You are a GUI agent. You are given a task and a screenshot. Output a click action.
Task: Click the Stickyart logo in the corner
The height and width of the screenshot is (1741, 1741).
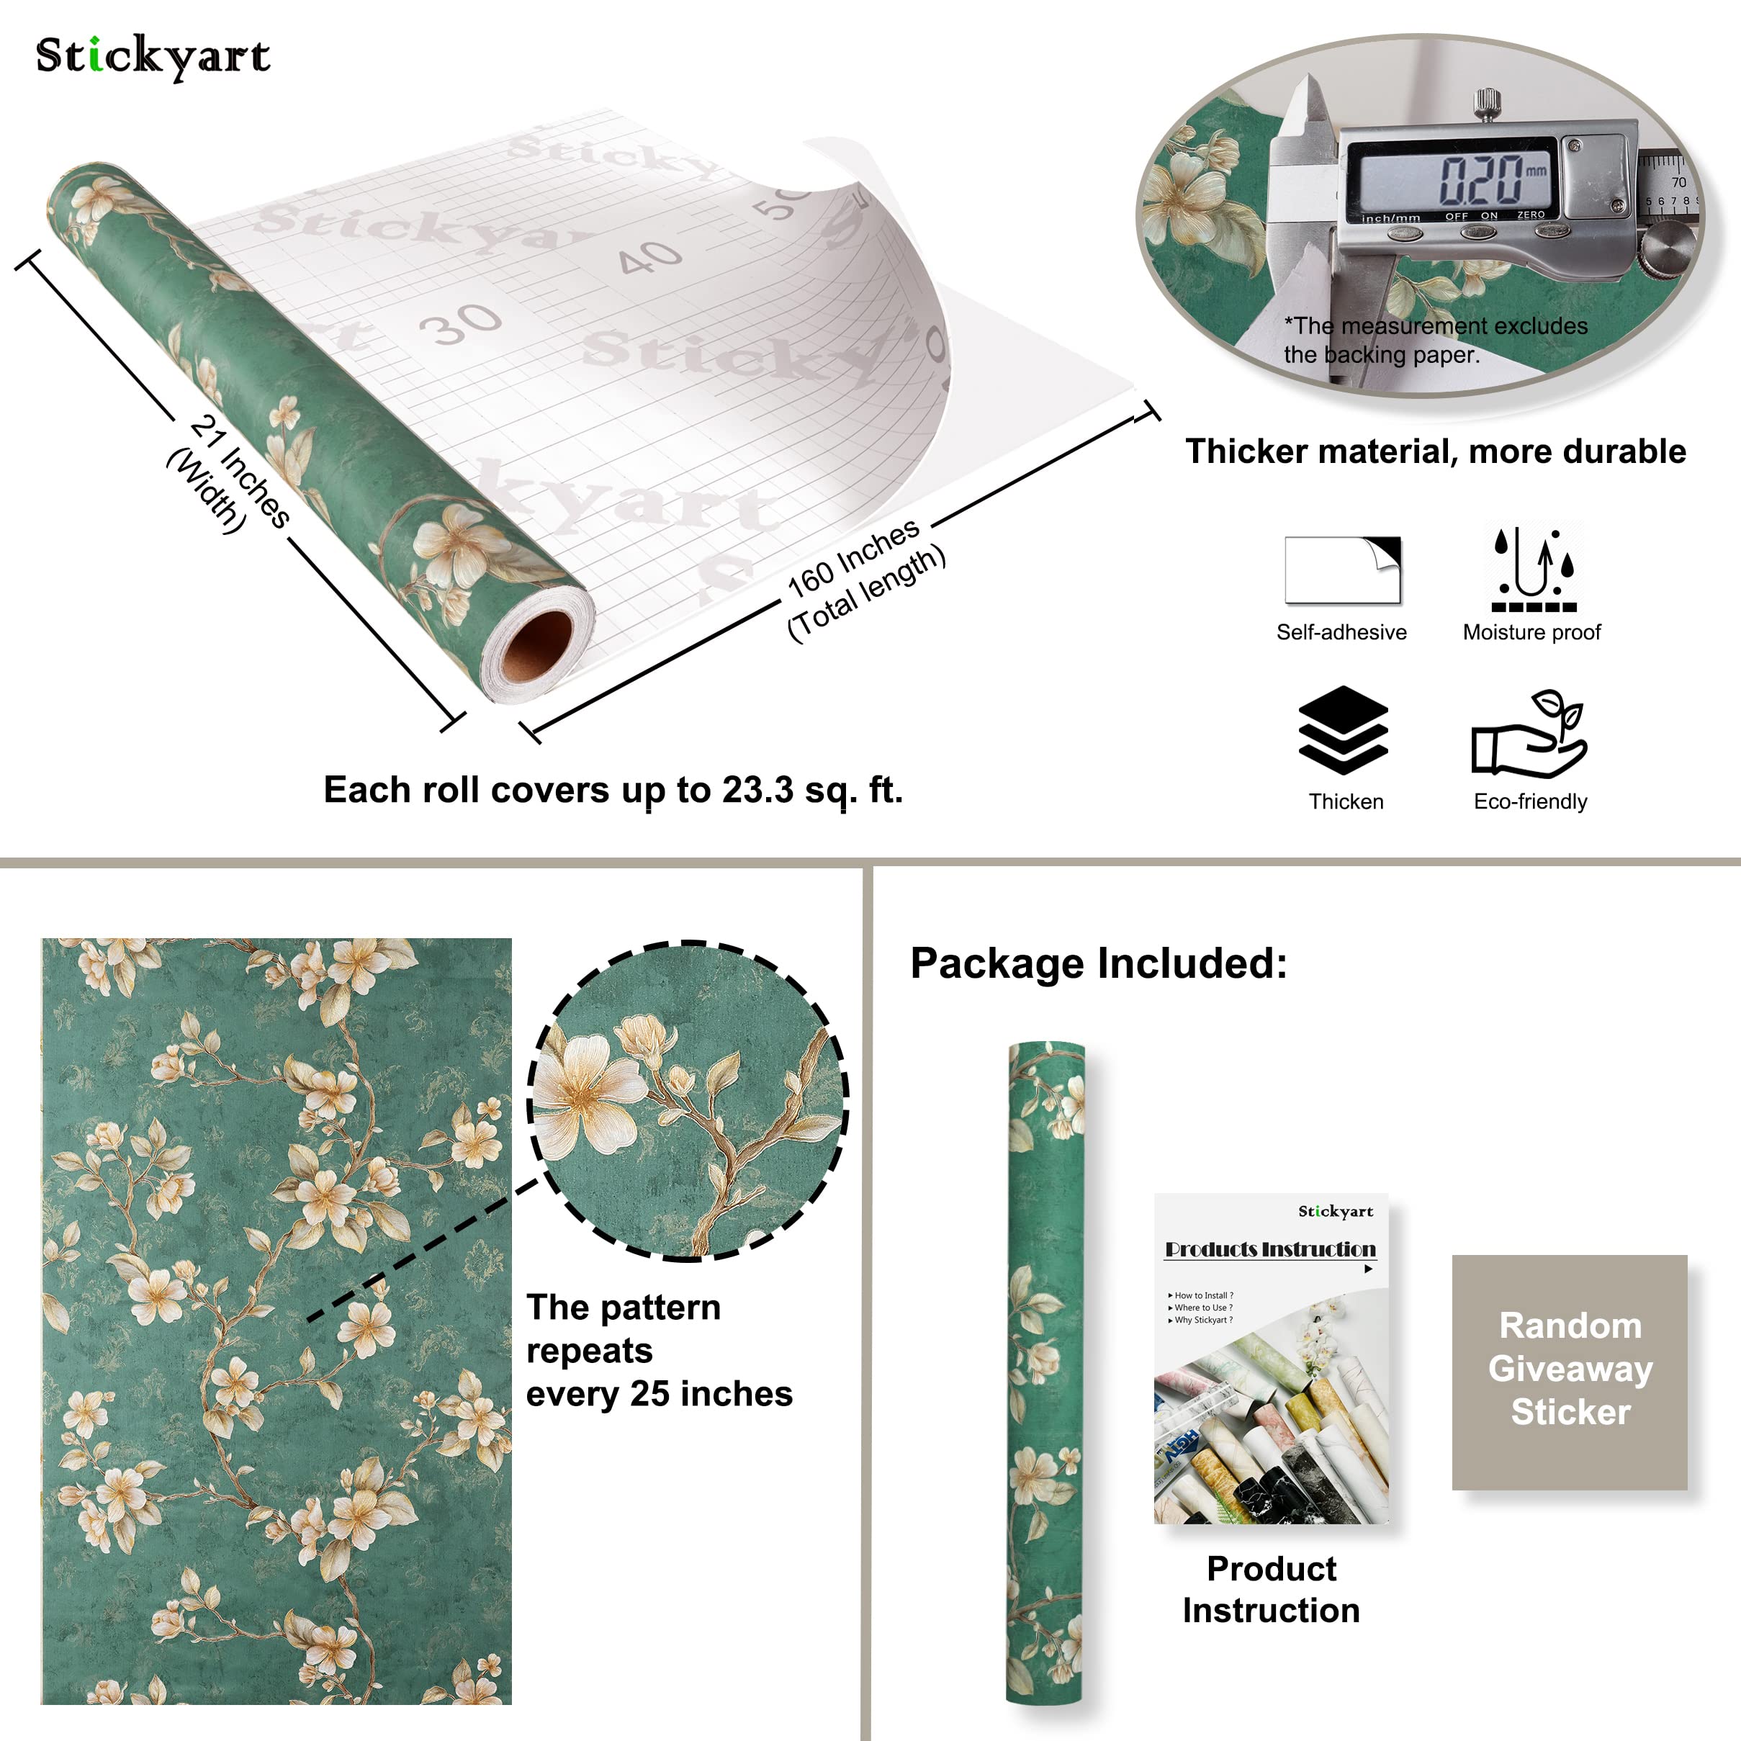pos(153,57)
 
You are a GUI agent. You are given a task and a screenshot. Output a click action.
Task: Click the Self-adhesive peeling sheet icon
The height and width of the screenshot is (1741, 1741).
pos(1342,570)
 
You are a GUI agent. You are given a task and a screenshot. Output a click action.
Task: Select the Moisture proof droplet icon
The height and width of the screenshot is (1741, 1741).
pos(1533,570)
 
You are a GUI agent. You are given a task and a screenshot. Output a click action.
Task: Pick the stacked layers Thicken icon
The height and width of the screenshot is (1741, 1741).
pos(1343,730)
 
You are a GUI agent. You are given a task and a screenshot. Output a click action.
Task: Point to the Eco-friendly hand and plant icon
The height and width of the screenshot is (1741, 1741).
pos(1529,734)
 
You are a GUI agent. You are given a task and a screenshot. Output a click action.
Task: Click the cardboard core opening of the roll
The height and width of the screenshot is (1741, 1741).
pos(537,645)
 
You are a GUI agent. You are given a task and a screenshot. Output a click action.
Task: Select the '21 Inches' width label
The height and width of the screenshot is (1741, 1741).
pos(240,470)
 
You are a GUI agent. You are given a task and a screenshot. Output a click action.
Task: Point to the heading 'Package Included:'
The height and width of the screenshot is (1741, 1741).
pos(1099,963)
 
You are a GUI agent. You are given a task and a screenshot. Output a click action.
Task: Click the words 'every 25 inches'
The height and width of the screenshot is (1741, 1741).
pos(659,1394)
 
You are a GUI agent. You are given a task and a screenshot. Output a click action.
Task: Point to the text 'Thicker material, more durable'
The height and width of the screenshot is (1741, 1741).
pos(1434,451)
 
